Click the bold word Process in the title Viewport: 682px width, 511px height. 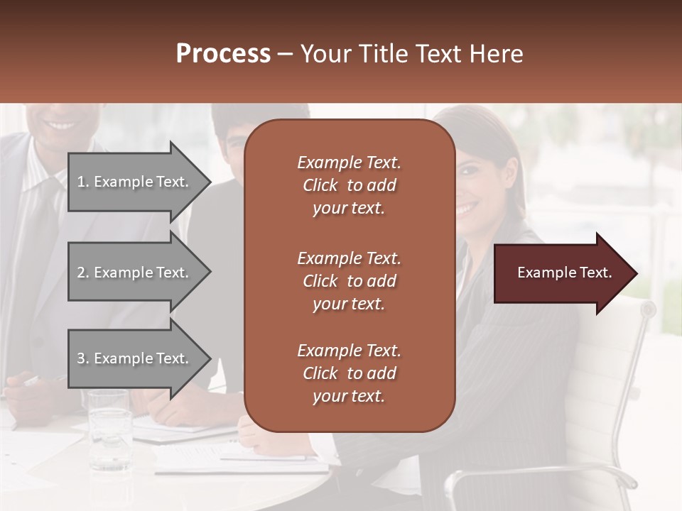[223, 53]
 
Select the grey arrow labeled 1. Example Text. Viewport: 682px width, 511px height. [135, 182]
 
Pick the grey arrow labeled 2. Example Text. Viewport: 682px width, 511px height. [135, 273]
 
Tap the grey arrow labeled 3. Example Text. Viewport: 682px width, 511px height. [135, 358]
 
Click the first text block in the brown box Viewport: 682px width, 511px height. [349, 185]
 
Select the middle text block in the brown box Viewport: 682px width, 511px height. [349, 281]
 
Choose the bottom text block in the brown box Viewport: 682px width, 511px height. [349, 373]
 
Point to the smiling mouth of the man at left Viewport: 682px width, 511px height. [61, 124]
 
